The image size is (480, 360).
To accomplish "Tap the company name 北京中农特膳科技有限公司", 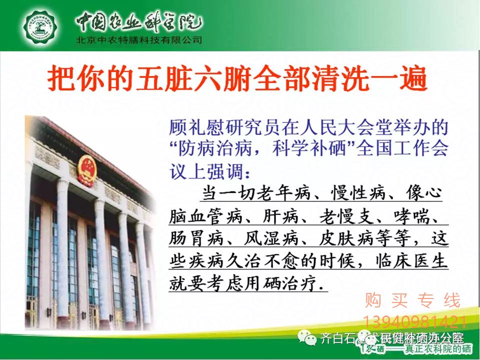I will coord(138,40).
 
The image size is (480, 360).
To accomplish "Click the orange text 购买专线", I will coord(412,301).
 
